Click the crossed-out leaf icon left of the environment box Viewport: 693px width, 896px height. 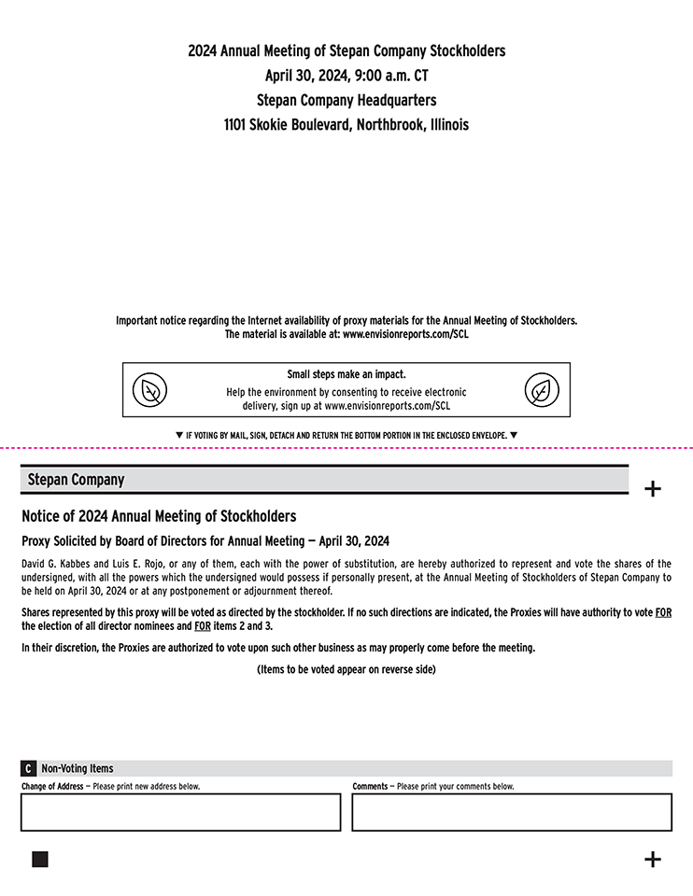click(x=148, y=389)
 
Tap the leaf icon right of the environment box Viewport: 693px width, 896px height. click(x=541, y=389)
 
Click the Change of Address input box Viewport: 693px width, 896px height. click(x=180, y=812)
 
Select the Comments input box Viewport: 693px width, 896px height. click(x=512, y=812)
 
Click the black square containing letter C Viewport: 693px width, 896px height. click(x=29, y=768)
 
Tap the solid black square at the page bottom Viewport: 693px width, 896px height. click(x=39, y=860)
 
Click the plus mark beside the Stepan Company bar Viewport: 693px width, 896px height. click(x=653, y=489)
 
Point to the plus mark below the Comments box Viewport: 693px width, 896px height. click(x=653, y=860)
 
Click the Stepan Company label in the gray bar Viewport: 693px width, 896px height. click(x=76, y=480)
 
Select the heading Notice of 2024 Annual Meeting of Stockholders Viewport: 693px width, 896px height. click(x=159, y=516)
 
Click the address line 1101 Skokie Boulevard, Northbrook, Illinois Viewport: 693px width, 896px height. click(x=346, y=124)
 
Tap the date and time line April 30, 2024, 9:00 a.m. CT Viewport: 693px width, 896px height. click(x=346, y=76)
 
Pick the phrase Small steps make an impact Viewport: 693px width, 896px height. click(x=346, y=375)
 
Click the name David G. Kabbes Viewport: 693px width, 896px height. click(x=55, y=564)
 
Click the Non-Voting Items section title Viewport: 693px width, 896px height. click(x=78, y=768)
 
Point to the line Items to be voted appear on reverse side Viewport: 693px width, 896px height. click(x=346, y=669)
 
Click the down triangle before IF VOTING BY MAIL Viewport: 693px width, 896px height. click(x=179, y=435)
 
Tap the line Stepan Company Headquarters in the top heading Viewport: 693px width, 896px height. click(x=346, y=100)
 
